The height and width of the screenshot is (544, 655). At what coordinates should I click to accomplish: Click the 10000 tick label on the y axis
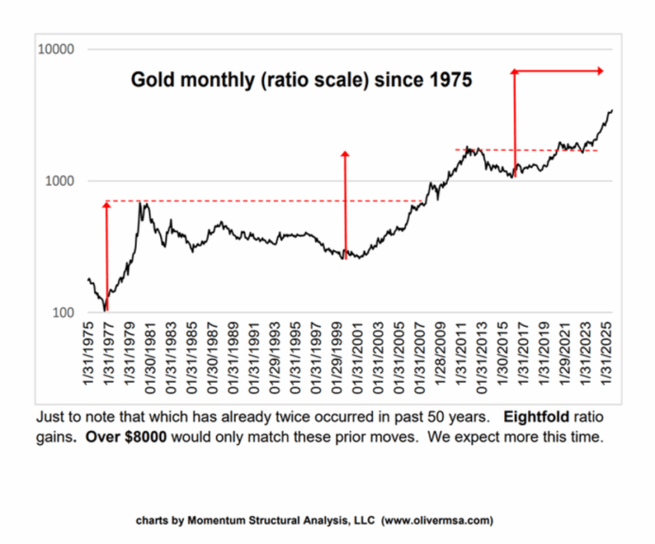click(56, 49)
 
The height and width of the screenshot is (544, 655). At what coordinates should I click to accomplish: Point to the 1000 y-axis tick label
click(59, 181)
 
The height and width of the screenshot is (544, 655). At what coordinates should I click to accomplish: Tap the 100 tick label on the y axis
click(63, 312)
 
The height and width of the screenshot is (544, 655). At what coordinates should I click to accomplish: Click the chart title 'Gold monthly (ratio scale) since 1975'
click(301, 80)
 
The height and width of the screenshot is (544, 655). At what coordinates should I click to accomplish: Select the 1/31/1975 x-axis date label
click(88, 353)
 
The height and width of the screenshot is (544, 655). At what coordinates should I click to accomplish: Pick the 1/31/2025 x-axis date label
click(606, 353)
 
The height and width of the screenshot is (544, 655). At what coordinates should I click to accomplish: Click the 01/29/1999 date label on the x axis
click(337, 358)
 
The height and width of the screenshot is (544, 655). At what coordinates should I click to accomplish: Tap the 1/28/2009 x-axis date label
click(441, 353)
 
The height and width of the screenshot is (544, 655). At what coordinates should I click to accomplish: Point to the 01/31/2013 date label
click(482, 358)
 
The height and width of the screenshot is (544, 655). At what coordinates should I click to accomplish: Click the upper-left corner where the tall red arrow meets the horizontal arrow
click(515, 71)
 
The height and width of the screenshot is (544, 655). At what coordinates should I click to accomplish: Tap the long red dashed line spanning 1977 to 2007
click(264, 201)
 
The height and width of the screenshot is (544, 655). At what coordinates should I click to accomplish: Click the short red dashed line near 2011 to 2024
click(526, 150)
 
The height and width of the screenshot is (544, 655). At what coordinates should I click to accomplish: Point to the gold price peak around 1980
click(140, 203)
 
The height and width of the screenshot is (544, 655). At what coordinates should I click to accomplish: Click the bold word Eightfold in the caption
click(537, 417)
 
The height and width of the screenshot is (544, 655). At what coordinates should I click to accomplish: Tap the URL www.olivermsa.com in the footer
click(438, 520)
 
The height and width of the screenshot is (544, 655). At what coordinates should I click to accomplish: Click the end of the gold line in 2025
click(612, 110)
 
